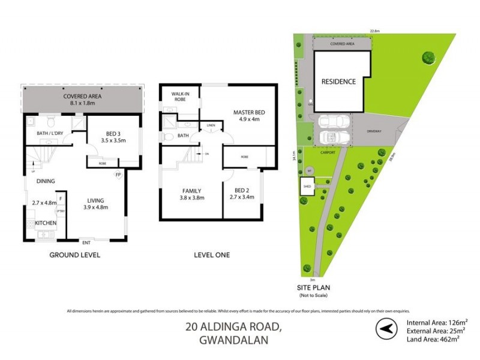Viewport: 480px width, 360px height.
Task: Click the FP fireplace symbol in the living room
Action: (119, 174)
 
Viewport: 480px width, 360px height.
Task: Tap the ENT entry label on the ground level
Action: (86, 242)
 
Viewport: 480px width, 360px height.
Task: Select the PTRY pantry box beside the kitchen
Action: (61, 211)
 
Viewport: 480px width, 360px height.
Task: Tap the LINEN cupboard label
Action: (211, 125)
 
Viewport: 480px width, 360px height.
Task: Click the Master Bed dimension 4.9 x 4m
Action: (250, 119)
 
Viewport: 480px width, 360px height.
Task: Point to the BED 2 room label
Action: (242, 190)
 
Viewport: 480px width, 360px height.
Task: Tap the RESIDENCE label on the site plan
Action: (338, 82)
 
